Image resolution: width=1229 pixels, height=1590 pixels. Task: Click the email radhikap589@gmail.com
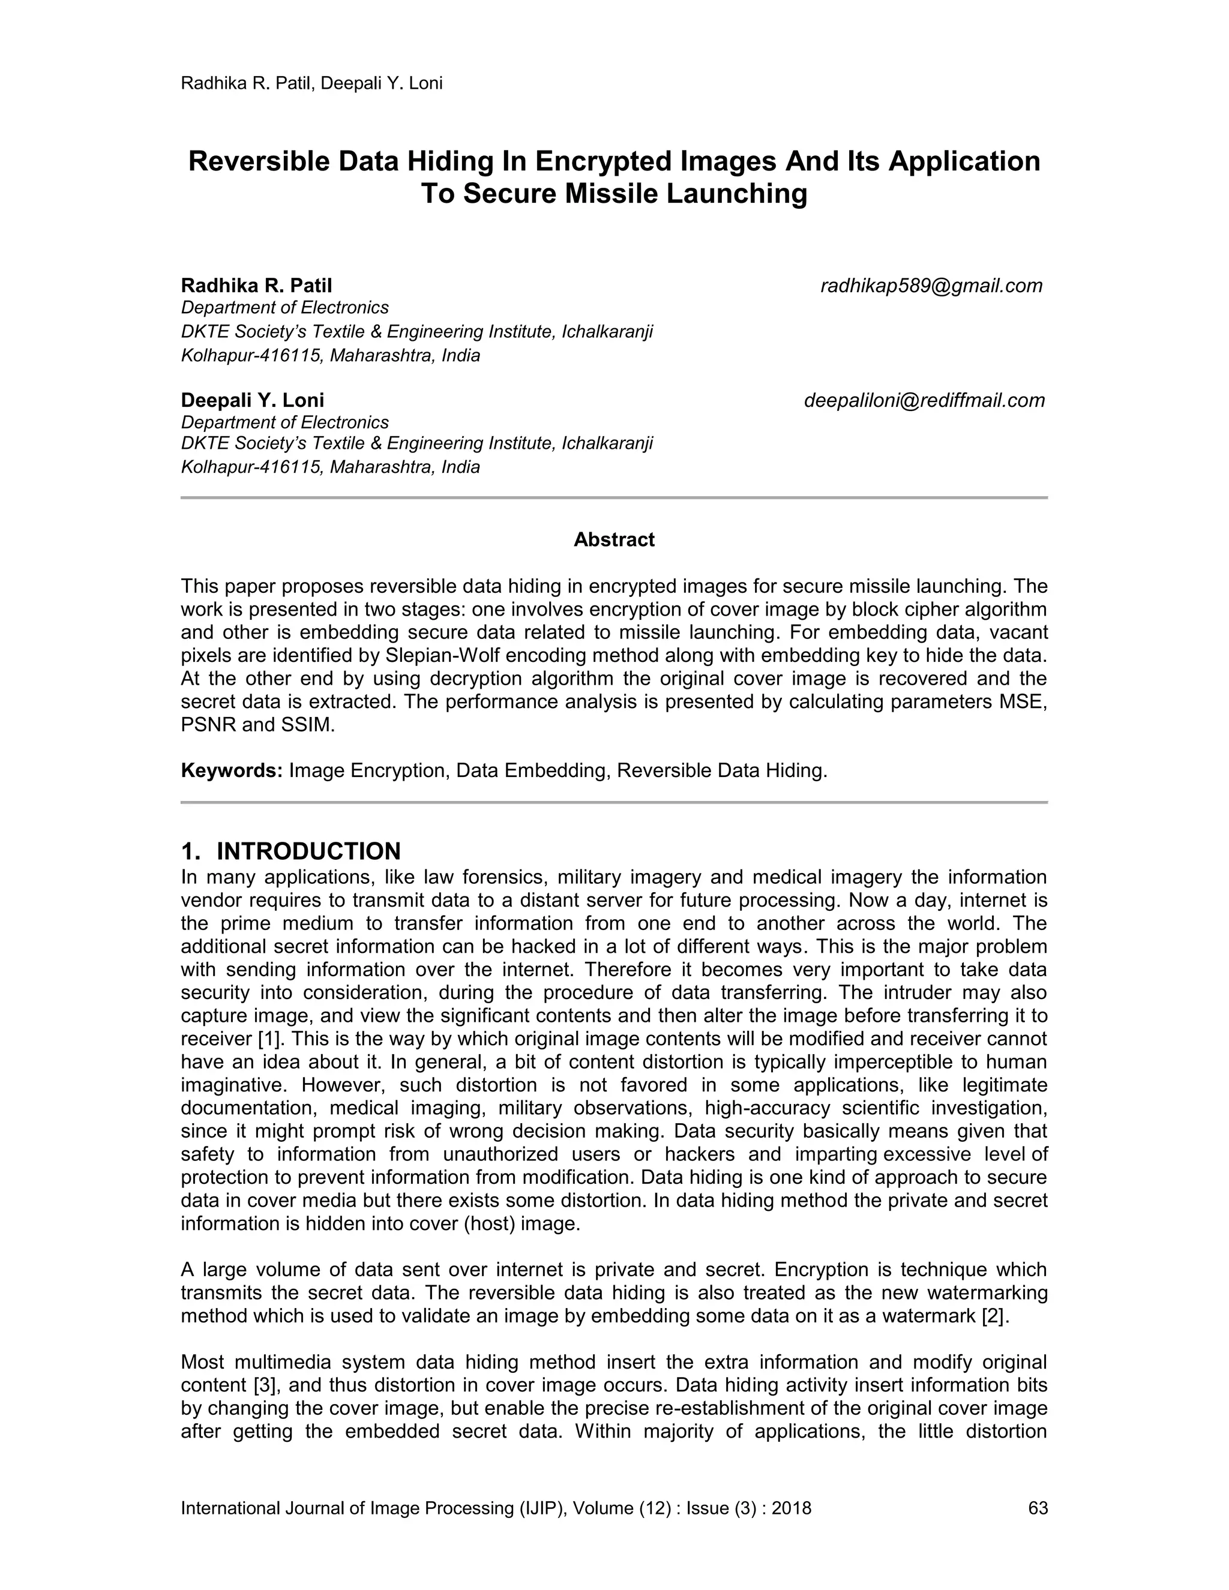click(x=931, y=286)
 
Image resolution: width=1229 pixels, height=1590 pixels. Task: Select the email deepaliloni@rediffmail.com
click(x=924, y=400)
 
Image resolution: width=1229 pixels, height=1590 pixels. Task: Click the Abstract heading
click(x=614, y=539)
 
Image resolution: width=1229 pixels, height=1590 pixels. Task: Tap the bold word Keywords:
click(x=232, y=770)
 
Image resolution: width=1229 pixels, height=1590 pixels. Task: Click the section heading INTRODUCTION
click(x=308, y=851)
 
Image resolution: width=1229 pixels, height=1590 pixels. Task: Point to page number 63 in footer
click(x=1038, y=1508)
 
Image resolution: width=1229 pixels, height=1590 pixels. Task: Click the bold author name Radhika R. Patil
click(x=256, y=286)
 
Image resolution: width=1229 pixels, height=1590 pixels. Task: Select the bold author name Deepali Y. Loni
click(x=253, y=400)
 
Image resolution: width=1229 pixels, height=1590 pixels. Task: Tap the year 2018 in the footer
click(x=792, y=1508)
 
